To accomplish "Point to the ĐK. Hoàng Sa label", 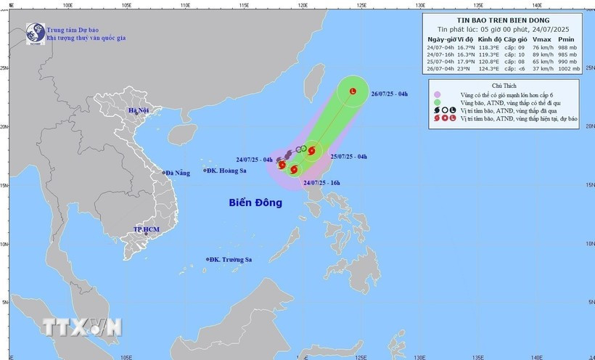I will tap(227, 171).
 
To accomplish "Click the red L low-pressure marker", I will tap(353, 91).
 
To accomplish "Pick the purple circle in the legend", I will tap(438, 94).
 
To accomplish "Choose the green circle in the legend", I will tap(438, 105).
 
